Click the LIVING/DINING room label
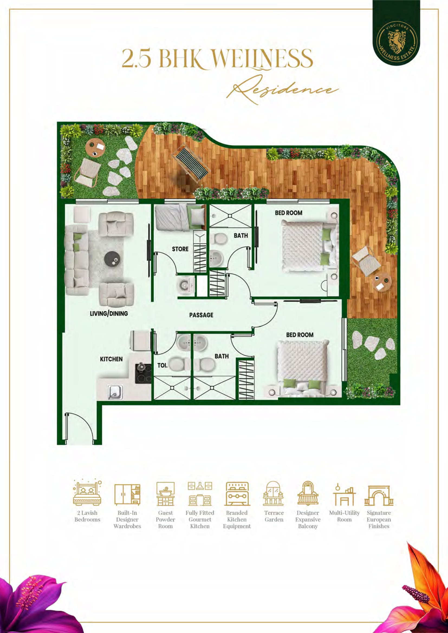(109, 314)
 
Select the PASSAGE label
(201, 315)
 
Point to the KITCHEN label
(111, 359)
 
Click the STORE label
(180, 249)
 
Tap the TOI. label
(162, 365)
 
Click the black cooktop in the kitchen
(143, 373)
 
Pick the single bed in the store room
(180, 217)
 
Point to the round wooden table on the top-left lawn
(95, 148)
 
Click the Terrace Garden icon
(273, 493)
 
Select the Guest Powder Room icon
(165, 493)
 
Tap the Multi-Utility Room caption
(344, 516)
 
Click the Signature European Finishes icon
(379, 495)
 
